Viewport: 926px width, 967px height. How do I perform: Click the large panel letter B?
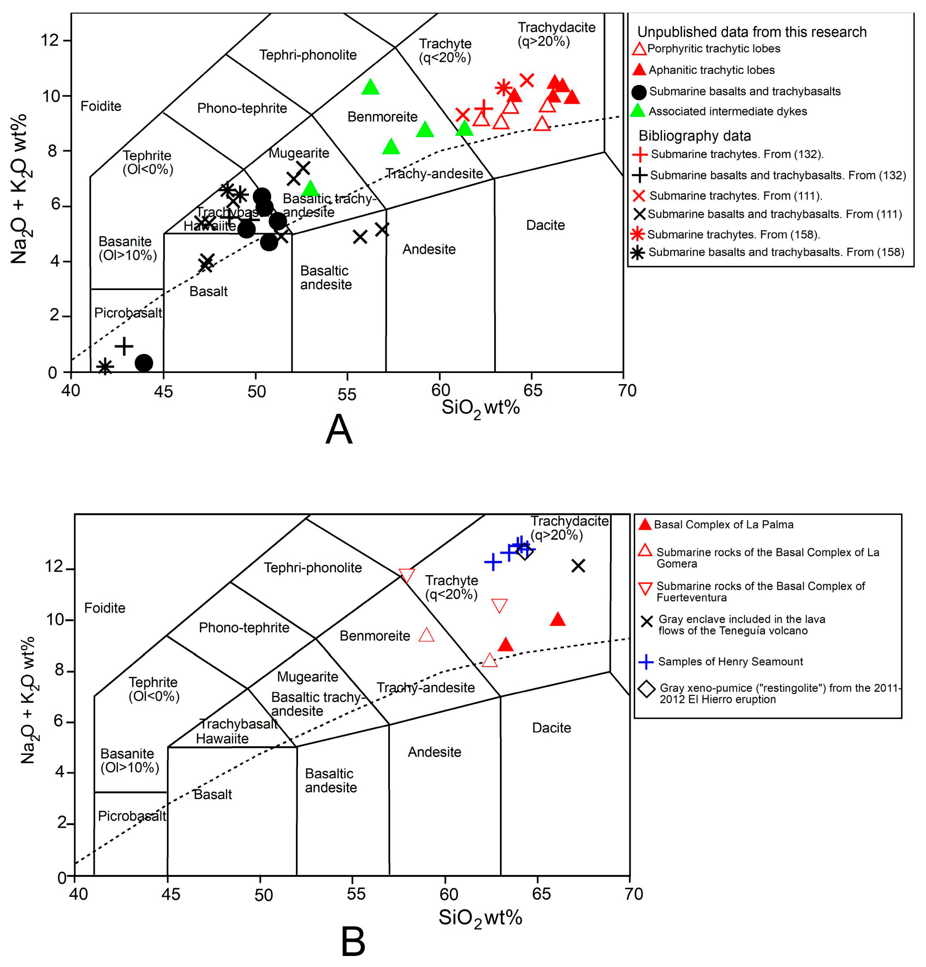click(353, 941)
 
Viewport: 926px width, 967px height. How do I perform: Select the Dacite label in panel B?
click(551, 728)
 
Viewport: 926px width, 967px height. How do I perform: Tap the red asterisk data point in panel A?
click(503, 88)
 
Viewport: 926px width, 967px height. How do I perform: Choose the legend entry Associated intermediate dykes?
click(727, 112)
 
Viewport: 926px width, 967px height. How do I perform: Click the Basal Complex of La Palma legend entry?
click(723, 524)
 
